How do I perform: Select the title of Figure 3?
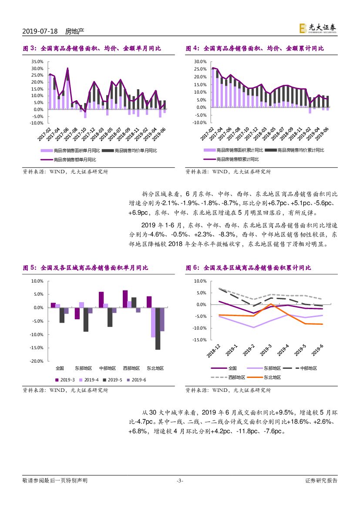92,48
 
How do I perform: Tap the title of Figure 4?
255,48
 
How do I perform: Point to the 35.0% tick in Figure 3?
37,62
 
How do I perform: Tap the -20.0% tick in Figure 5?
37,361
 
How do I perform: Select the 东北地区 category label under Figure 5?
155,368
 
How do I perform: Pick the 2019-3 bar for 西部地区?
125,299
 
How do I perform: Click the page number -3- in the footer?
180,481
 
